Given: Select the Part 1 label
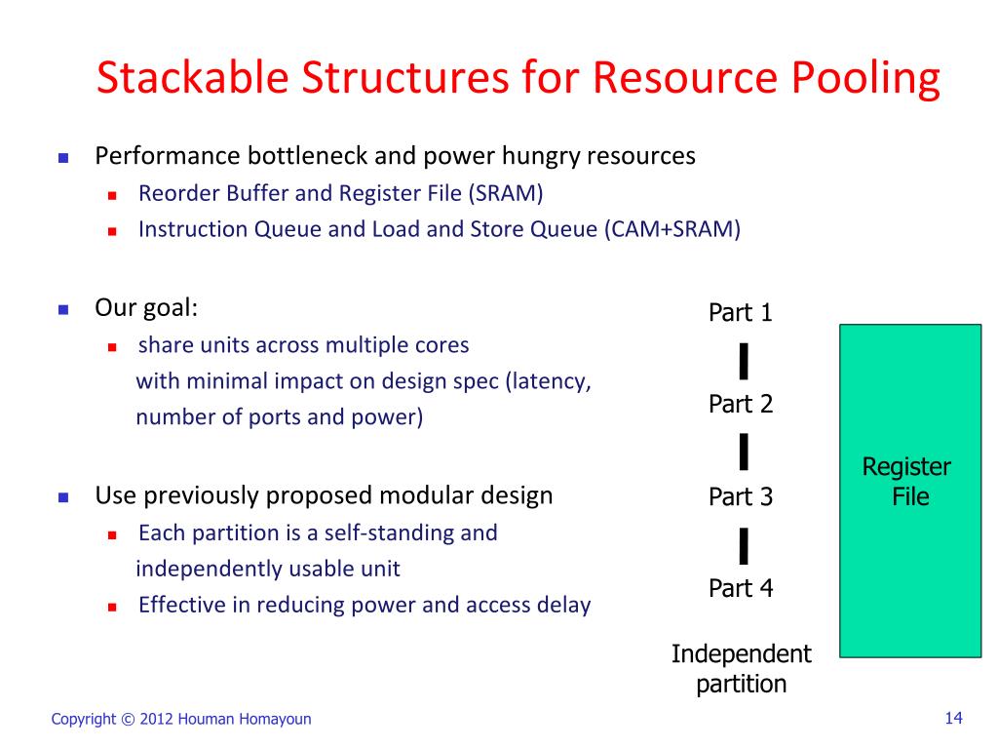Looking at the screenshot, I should pyautogui.click(x=741, y=313).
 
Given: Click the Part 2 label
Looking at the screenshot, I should pyautogui.click(x=741, y=404).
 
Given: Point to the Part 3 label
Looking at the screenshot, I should pyautogui.click(x=741, y=497).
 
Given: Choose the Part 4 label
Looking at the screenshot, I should pyautogui.click(x=741, y=588).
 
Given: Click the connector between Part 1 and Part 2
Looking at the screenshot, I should pyautogui.click(x=744, y=360).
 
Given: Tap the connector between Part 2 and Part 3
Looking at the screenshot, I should pyautogui.click(x=744, y=452).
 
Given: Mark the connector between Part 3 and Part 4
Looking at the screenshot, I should pyautogui.click(x=744, y=545).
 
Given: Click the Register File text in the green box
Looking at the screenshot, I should pyautogui.click(x=907, y=482).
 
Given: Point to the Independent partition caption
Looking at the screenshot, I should pyautogui.click(x=741, y=668).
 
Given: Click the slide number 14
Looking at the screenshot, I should pyautogui.click(x=953, y=719).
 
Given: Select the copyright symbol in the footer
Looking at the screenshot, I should pyautogui.click(x=128, y=720).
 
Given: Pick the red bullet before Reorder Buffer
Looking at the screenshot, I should pyautogui.click(x=112, y=195).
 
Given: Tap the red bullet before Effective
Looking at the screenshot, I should pyautogui.click(x=112, y=607).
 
